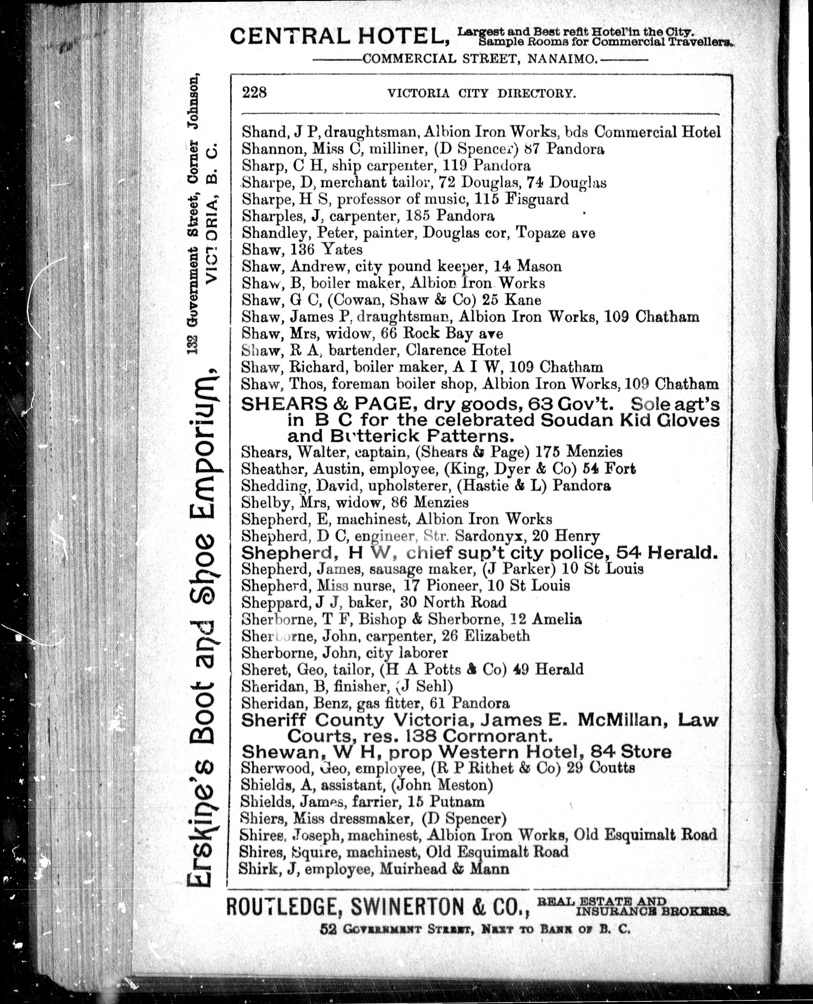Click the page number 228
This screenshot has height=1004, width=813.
pyautogui.click(x=254, y=92)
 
